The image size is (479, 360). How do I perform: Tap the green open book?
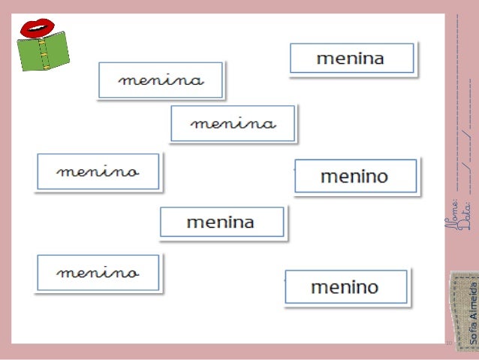pos(43,52)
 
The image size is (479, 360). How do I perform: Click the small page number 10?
pos(449,343)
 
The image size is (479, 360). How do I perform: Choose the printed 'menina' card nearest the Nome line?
pos(351,59)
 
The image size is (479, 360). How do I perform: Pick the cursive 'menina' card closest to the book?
pos(161,80)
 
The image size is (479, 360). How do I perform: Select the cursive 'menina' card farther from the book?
pos(233,123)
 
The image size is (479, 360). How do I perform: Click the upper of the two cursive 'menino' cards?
pos(98,172)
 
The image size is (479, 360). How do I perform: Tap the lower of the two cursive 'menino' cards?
pos(98,273)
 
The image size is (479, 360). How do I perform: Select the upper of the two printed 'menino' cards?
pos(354,177)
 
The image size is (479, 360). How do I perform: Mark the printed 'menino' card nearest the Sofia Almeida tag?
pos(345,286)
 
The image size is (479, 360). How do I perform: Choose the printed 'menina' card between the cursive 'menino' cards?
pos(221,222)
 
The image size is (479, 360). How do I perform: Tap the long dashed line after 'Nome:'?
pos(456,105)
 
